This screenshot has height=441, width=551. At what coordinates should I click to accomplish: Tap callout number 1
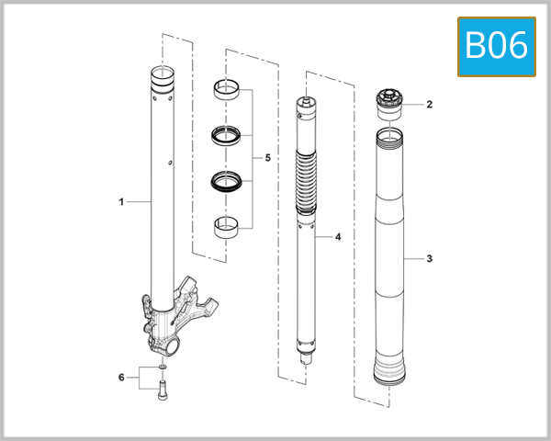(x=120, y=199)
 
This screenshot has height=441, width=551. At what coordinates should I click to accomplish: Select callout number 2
(x=428, y=105)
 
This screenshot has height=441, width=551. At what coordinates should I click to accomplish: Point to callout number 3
(x=428, y=259)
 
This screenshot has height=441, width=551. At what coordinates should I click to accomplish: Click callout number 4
(x=337, y=237)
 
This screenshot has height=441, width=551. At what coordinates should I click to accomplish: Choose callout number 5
(x=267, y=158)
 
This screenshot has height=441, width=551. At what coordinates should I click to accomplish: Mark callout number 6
(x=120, y=377)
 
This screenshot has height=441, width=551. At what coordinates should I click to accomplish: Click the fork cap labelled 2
(x=392, y=104)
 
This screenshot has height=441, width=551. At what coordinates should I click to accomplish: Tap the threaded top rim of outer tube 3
(x=392, y=138)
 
